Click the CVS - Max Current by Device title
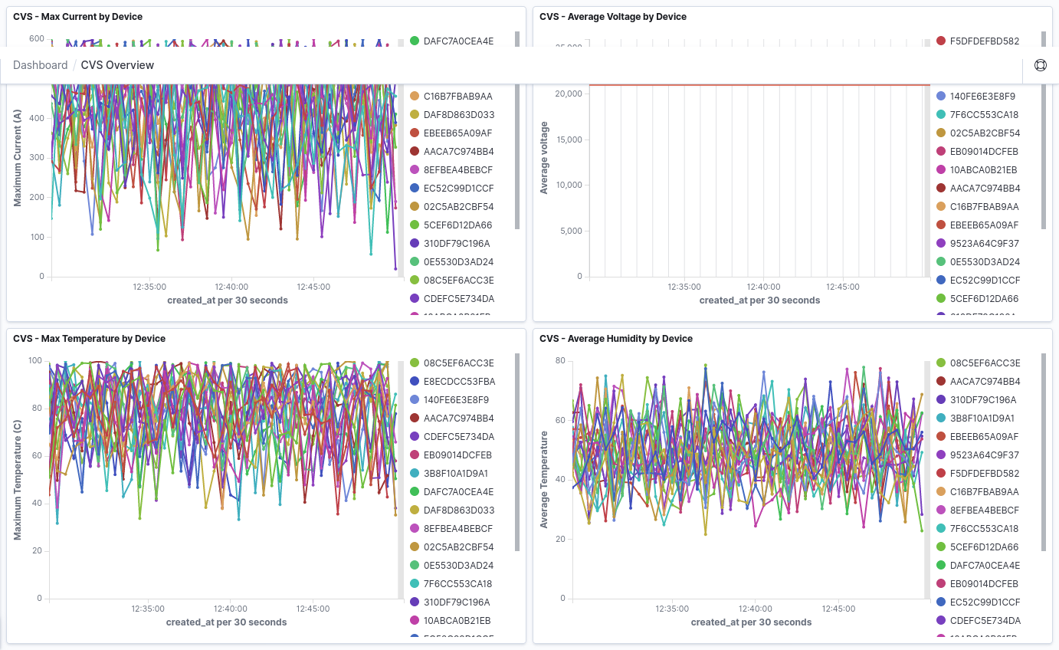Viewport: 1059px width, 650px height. (77, 17)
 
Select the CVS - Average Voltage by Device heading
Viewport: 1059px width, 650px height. (612, 17)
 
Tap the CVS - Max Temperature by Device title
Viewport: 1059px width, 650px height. (89, 339)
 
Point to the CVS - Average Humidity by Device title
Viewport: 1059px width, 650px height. (615, 339)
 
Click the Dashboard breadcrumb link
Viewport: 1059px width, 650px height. (41, 65)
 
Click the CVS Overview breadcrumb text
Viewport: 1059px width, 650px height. (117, 65)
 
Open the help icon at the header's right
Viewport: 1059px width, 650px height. (1040, 65)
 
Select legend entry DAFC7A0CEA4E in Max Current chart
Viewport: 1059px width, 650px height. (458, 41)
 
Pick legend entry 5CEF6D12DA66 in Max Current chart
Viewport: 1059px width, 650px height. (457, 225)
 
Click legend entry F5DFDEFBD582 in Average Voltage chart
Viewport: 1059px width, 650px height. (984, 41)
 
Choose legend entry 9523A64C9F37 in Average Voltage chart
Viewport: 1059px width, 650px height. (984, 244)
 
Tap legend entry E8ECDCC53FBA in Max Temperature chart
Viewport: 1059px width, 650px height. (459, 382)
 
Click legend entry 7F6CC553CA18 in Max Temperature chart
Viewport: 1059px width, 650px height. (457, 584)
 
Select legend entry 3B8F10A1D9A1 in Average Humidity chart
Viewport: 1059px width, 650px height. (982, 419)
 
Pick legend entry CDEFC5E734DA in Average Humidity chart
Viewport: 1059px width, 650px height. (985, 621)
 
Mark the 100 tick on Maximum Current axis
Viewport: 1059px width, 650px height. (37, 237)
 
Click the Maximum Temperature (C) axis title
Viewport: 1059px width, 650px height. (18, 480)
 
